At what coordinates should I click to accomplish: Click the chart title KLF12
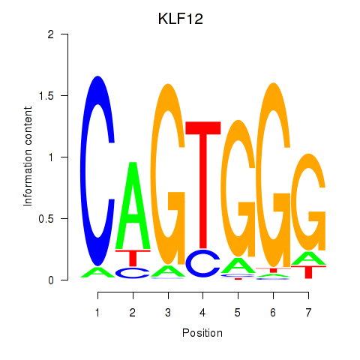[x=181, y=19]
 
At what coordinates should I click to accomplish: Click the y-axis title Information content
[x=28, y=156]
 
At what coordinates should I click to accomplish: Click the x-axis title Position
[x=202, y=333]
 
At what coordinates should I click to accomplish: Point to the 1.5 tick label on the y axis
[x=46, y=96]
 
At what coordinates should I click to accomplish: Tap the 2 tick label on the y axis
[x=51, y=34]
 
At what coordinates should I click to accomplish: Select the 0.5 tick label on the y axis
[x=46, y=219]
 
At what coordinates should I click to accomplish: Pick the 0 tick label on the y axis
[x=51, y=280]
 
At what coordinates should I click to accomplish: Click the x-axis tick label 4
[x=202, y=313]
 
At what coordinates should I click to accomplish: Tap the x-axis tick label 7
[x=308, y=313]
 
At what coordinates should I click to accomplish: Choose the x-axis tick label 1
[x=97, y=313]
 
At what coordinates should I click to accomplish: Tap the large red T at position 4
[x=203, y=185]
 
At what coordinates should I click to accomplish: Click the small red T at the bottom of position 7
[x=309, y=272]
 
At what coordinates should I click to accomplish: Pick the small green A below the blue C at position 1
[x=97, y=273]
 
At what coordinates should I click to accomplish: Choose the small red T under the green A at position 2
[x=133, y=258]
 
